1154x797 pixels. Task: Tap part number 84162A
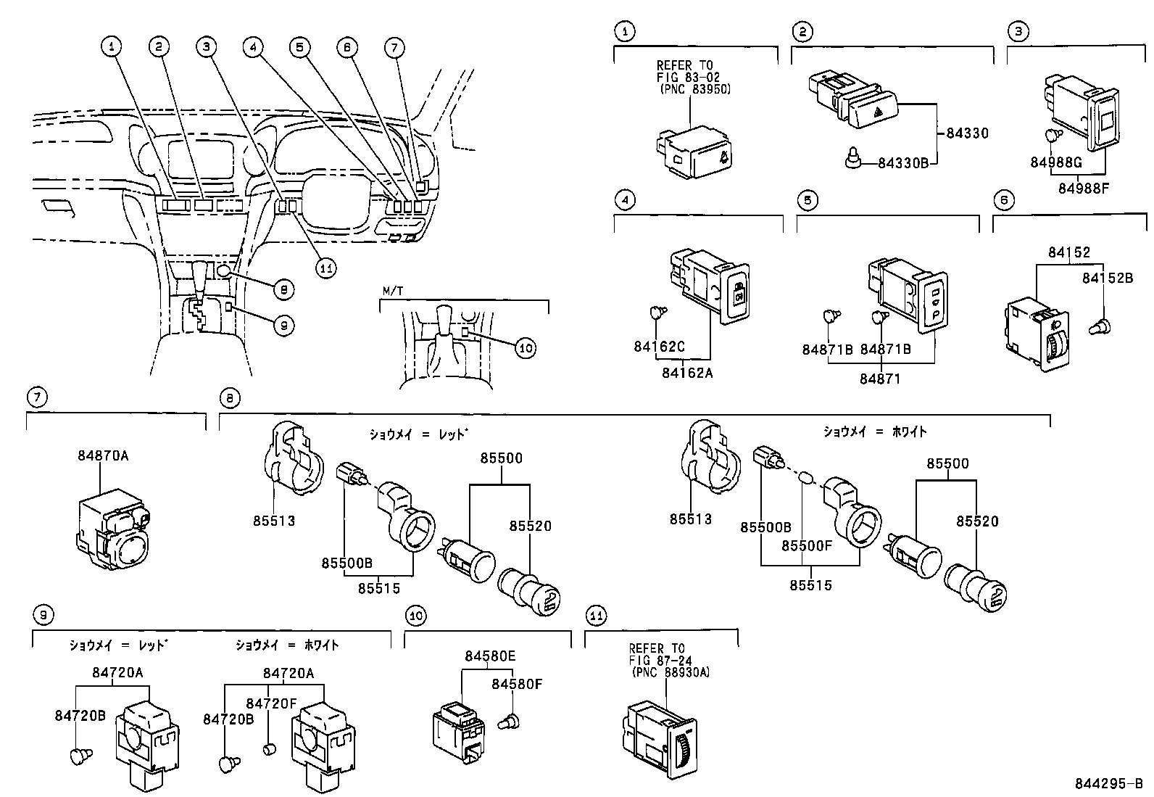coord(686,373)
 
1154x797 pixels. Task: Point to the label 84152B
coord(1108,278)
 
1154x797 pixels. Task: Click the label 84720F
coord(271,703)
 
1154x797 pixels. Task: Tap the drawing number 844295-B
coord(1108,784)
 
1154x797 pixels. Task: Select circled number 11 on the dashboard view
coord(326,268)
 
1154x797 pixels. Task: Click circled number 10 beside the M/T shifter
coord(526,348)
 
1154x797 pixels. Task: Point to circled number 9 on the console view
coord(283,326)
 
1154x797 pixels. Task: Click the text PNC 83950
coord(694,90)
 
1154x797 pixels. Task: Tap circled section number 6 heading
coord(1003,201)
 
